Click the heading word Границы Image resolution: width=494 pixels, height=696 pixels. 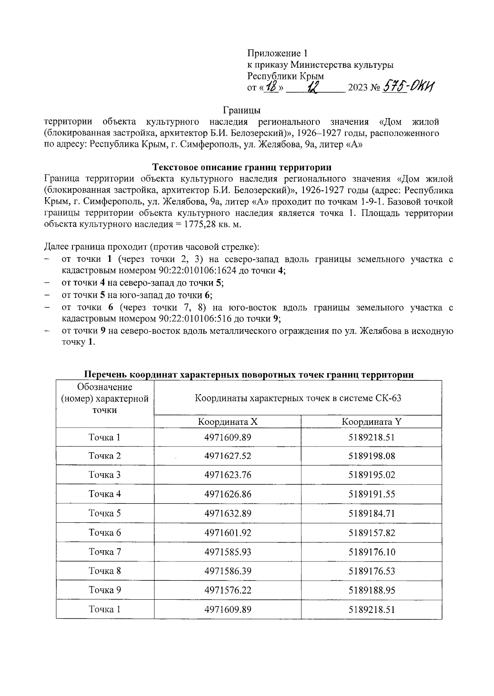pos(242,110)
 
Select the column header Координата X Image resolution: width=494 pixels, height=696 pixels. pos(228,421)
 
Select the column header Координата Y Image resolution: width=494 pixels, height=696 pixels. pos(371,421)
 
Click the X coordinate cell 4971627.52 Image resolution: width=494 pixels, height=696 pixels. pos(228,456)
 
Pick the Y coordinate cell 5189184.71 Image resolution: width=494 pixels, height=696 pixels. pos(371,513)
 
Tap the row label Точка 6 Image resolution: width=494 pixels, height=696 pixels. pos(105,533)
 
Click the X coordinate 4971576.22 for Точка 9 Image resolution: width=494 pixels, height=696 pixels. pos(228,590)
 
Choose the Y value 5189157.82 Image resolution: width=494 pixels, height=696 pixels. pos(371,533)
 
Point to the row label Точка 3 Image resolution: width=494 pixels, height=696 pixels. pos(105,475)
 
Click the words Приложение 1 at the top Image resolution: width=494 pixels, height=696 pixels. pos(277,53)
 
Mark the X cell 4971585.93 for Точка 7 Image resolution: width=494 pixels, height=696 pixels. pos(228,552)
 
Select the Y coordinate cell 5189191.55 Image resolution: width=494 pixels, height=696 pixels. pos(371,494)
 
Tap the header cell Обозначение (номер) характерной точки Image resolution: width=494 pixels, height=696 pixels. pos(105,398)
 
